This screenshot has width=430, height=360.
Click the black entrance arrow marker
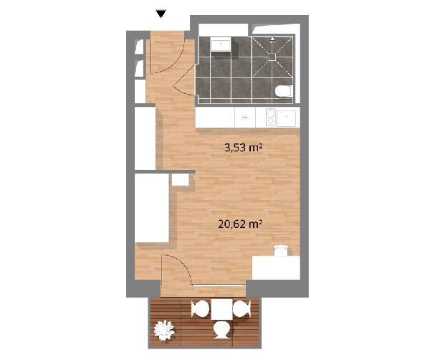pos(161,14)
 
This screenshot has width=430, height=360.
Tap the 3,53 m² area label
pos(243,148)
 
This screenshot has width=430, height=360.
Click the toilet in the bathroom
pos(283,91)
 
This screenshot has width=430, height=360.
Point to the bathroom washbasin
pos(220,45)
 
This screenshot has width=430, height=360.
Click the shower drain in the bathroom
pos(272,57)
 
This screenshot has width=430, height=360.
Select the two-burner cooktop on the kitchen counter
pos(271,117)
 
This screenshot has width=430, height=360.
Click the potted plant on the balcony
pos(164,330)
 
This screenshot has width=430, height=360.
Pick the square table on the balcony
pos(222,310)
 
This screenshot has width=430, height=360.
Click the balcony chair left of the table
pos(201,309)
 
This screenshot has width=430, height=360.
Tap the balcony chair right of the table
pos(242,308)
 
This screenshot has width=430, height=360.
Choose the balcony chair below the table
pos(222,330)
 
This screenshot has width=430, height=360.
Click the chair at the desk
pos(281,251)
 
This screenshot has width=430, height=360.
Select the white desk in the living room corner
pos(276,267)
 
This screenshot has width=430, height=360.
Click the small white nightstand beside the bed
pos(181,180)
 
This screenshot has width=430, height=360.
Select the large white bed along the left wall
pos(152,208)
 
